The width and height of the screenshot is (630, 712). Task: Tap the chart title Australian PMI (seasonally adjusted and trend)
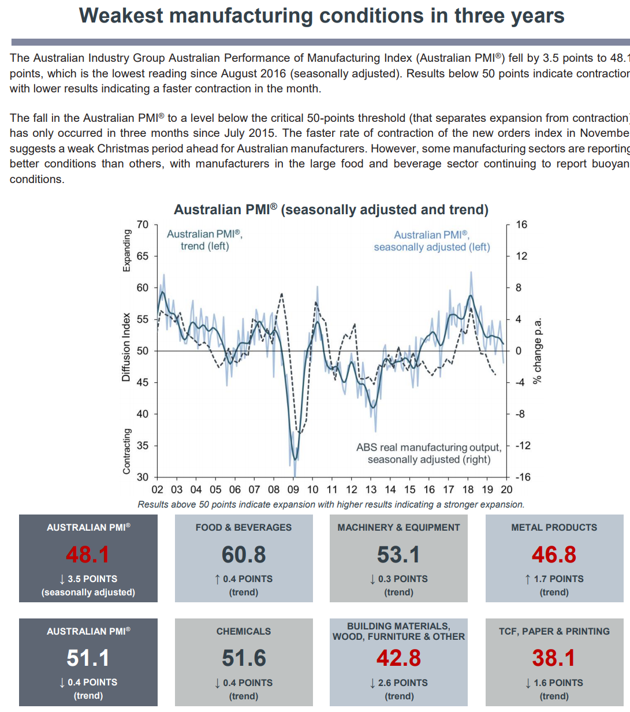click(x=331, y=210)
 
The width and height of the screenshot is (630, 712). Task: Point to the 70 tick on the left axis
click(x=143, y=225)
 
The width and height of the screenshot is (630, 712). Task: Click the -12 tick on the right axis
click(x=522, y=446)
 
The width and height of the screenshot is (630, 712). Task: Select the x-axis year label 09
click(x=293, y=490)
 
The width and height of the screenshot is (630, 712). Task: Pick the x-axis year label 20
click(x=506, y=490)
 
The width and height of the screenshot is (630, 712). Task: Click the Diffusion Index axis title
click(x=126, y=347)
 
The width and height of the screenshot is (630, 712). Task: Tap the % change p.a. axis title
click(x=537, y=351)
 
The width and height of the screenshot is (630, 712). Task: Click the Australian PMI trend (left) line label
click(x=204, y=240)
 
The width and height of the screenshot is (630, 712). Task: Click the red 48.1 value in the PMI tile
click(x=88, y=555)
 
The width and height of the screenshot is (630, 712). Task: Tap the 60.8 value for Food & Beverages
click(x=244, y=555)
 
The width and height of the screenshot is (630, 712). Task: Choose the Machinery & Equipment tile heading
click(x=398, y=527)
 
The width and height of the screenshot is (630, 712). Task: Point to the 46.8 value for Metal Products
click(x=554, y=555)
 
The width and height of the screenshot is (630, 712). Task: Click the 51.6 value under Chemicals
click(x=244, y=658)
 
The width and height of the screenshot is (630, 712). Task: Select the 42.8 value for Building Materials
click(x=398, y=658)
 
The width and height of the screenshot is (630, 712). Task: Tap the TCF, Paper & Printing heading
click(x=554, y=631)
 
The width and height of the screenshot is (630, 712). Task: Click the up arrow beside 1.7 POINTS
click(x=528, y=579)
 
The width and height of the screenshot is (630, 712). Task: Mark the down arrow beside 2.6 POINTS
click(x=372, y=683)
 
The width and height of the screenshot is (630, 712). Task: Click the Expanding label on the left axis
click(x=126, y=250)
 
